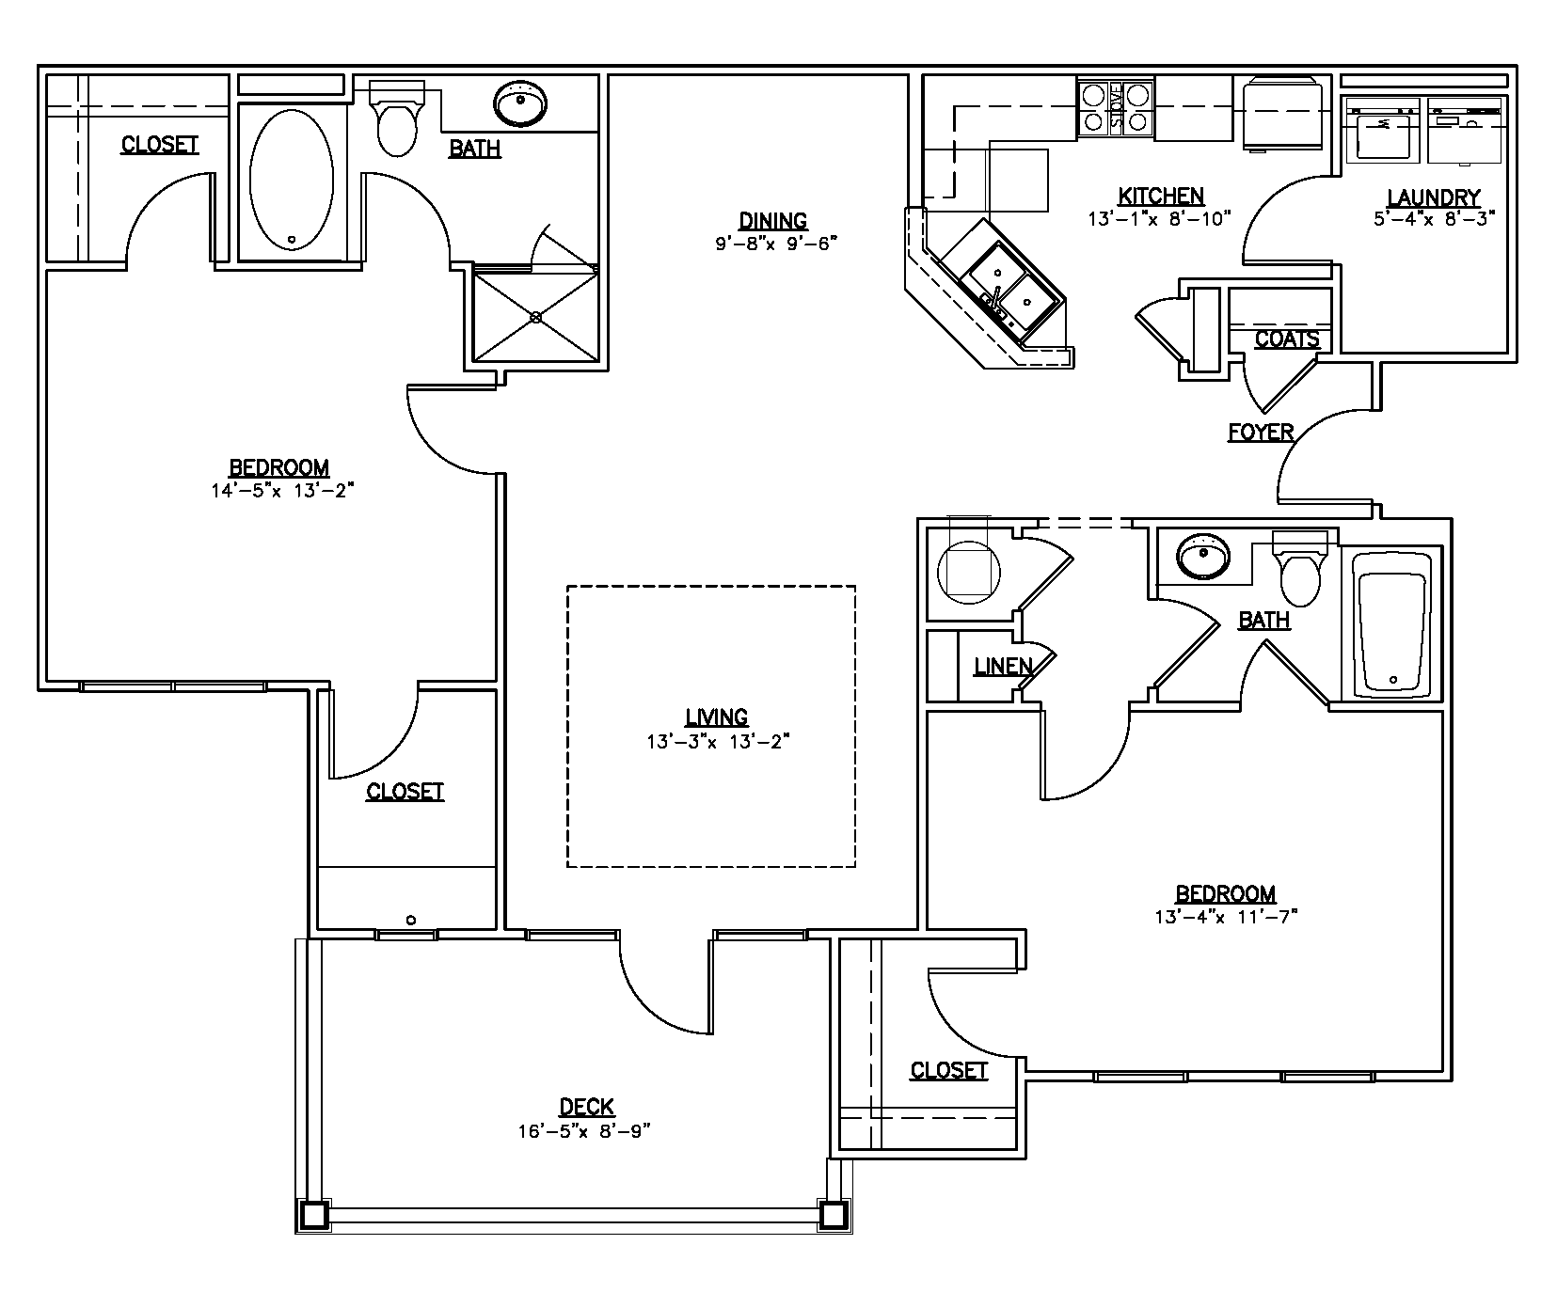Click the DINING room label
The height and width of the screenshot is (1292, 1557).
[x=772, y=221]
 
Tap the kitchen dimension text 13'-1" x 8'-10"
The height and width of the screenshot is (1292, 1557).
[x=1161, y=219]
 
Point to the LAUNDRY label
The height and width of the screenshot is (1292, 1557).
[x=1434, y=197]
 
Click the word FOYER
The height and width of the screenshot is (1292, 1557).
[x=1261, y=433]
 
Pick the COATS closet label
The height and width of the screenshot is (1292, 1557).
[x=1287, y=339]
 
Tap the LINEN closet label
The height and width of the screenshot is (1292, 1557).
[x=1003, y=667]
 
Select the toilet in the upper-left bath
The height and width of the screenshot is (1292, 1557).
[x=396, y=122]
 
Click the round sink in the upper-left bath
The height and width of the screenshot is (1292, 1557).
[x=520, y=103]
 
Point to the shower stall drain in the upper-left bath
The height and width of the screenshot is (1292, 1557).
[x=536, y=317]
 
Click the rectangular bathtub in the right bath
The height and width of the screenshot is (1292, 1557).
[x=1392, y=625]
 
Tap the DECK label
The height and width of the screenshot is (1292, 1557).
[x=586, y=1107]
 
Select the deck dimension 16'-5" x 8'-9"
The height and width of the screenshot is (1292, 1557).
[x=584, y=1131]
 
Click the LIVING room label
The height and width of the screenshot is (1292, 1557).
[x=716, y=717]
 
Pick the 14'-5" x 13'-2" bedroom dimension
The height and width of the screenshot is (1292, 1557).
[x=281, y=490]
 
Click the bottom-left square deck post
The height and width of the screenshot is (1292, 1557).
[x=312, y=1216]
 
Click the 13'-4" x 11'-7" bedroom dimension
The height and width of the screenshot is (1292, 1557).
[x=1226, y=917]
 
